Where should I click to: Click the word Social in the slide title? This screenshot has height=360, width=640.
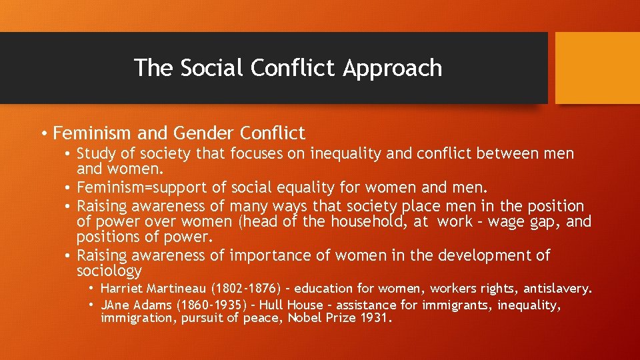[212, 68]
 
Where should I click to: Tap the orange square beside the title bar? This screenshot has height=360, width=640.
[597, 68]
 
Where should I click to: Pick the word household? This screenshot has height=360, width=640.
[365, 222]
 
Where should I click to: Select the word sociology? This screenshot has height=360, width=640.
[109, 271]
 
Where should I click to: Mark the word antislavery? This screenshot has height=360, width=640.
[557, 289]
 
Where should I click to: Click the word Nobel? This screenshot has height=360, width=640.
[308, 318]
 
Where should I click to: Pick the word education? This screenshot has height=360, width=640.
[323, 289]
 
